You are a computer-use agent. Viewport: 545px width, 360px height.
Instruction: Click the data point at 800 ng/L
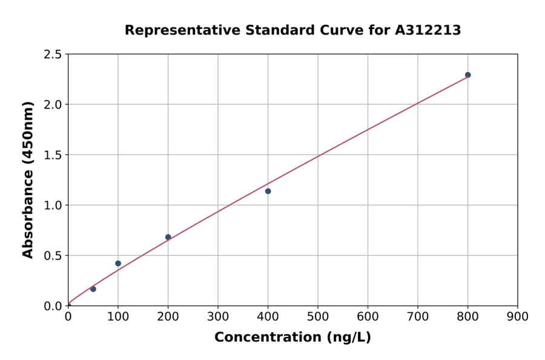pyautogui.click(x=467, y=75)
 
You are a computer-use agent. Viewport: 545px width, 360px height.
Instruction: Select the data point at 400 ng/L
pyautogui.click(x=268, y=192)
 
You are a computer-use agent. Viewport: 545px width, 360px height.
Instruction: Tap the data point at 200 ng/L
pyautogui.click(x=168, y=237)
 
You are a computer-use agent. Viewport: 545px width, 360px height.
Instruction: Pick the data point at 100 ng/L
pyautogui.click(x=118, y=264)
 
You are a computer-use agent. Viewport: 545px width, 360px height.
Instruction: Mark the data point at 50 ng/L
pyautogui.click(x=93, y=289)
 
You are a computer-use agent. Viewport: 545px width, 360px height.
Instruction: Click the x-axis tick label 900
pyautogui.click(x=518, y=316)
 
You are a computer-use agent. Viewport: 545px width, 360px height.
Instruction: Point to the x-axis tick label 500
pyautogui.click(x=318, y=316)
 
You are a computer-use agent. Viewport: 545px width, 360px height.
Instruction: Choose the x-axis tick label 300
pyautogui.click(x=218, y=316)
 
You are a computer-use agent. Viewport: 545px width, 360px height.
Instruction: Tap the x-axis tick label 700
pyautogui.click(x=418, y=316)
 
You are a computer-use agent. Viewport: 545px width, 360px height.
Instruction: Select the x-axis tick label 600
pyautogui.click(x=368, y=316)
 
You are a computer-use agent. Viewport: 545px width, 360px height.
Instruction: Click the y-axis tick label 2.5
pyautogui.click(x=53, y=55)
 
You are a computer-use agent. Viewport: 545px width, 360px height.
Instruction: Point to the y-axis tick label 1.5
pyautogui.click(x=53, y=155)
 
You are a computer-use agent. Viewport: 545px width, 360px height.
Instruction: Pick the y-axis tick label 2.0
pyautogui.click(x=53, y=105)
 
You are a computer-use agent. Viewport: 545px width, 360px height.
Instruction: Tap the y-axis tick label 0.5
pyautogui.click(x=53, y=256)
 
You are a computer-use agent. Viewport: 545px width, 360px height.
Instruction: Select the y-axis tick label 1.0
pyautogui.click(x=53, y=205)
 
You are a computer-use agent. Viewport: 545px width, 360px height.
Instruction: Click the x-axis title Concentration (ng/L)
pyautogui.click(x=292, y=338)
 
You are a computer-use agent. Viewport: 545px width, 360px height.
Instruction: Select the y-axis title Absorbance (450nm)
pyautogui.click(x=28, y=179)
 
